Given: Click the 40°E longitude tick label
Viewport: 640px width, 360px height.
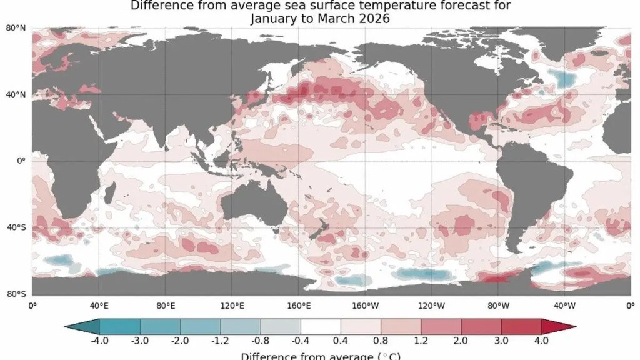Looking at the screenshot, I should pos(99,306).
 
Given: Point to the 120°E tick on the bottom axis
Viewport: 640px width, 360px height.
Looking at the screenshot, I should pos(232,306).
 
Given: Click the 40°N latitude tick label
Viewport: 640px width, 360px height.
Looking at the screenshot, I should pos(16,94).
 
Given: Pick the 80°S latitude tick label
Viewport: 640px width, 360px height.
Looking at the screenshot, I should pos(16,294).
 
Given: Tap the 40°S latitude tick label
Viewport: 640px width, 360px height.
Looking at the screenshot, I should pos(16,227).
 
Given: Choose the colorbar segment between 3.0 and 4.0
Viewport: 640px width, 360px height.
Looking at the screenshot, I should pos(521,326).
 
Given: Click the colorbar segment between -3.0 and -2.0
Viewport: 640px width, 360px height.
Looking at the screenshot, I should pos(160,326).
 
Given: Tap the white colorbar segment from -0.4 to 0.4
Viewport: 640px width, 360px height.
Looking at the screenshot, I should pos(321,326).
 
